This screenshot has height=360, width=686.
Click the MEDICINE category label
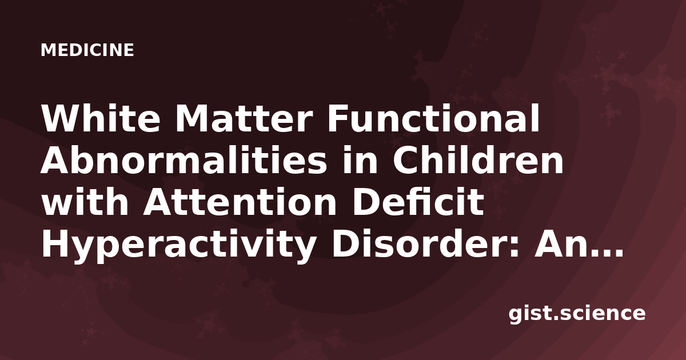87,50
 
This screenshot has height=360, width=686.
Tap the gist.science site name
577,314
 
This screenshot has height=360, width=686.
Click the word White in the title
101,118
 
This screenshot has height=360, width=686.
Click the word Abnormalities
184,160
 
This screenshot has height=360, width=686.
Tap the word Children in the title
478,160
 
